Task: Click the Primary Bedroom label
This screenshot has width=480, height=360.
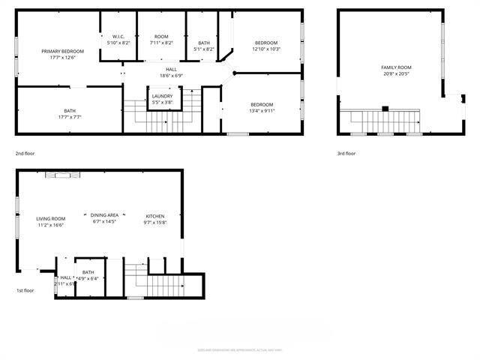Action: coord(62,51)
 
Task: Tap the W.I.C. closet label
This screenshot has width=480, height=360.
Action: coord(118,37)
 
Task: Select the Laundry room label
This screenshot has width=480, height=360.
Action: coord(162,96)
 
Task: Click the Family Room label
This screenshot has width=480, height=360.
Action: coord(396,67)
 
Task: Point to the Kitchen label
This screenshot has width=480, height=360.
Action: coord(154,216)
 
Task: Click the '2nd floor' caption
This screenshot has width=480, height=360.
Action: coord(25,153)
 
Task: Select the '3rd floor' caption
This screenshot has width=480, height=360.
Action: coord(346,153)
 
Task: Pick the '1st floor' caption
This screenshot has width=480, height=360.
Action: coord(25,290)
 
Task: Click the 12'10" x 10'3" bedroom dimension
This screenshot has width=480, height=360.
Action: coord(265,49)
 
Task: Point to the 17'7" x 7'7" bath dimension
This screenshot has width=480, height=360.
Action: coord(70,117)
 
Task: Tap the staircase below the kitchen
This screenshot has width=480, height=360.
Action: coord(165,285)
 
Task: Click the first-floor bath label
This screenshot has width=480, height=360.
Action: coord(88,272)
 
